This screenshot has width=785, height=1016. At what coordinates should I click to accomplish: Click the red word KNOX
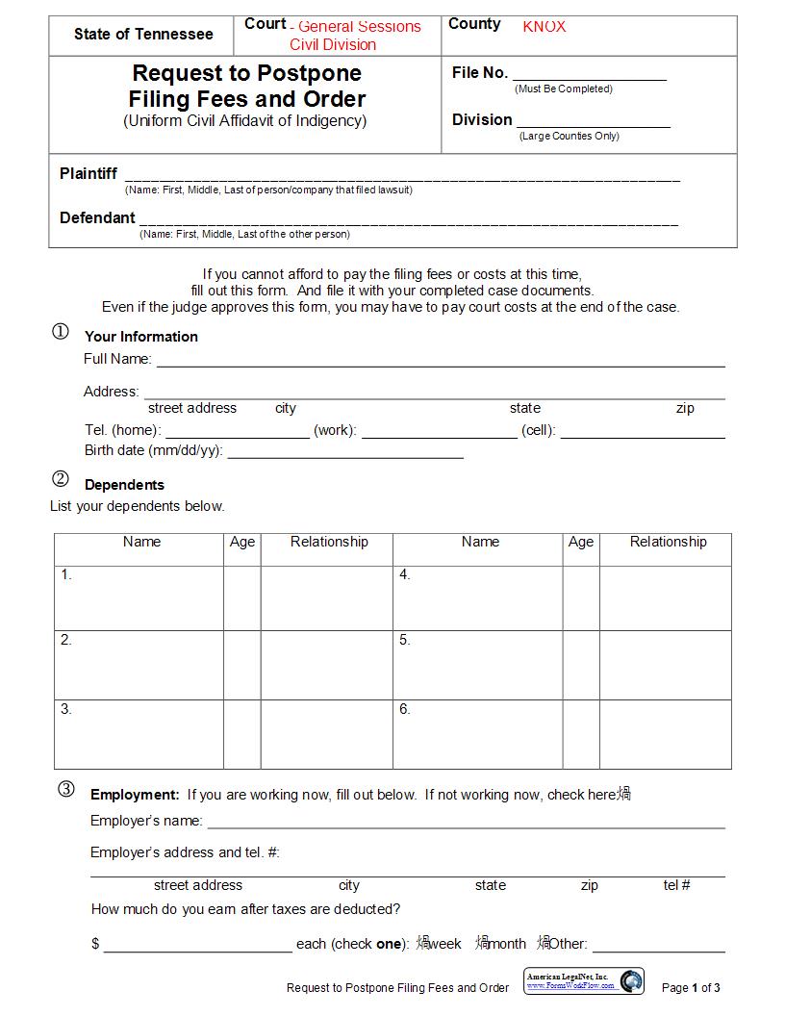[544, 27]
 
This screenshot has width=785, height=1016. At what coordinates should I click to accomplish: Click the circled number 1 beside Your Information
[60, 332]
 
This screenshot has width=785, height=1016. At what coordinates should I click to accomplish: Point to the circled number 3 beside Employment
[65, 790]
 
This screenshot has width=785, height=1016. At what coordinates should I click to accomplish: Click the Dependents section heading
[124, 485]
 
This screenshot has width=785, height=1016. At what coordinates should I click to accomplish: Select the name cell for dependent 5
[478, 664]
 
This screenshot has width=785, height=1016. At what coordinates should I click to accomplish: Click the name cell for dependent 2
[139, 664]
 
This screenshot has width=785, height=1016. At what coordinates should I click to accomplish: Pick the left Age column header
[242, 543]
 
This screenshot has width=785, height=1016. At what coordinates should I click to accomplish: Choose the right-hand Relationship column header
[668, 543]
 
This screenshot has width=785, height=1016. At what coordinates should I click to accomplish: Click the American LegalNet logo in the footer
[584, 981]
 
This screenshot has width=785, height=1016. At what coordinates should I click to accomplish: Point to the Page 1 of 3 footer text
[691, 988]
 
